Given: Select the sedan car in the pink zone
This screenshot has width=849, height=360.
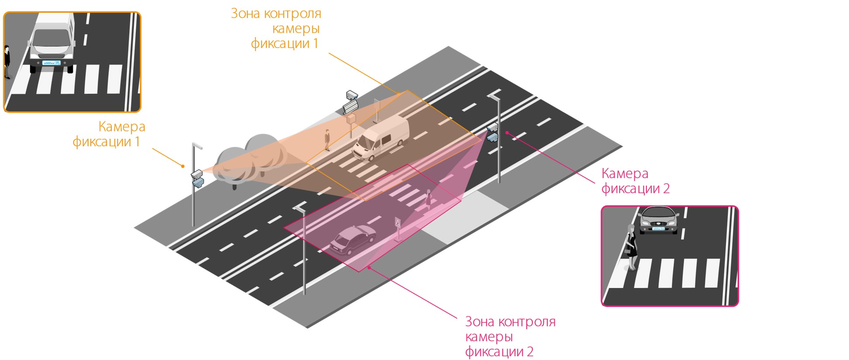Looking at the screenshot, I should pyautogui.click(x=353, y=240).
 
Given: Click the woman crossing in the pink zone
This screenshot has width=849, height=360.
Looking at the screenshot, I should pyautogui.click(x=428, y=199).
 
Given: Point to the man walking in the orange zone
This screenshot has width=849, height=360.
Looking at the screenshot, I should pyautogui.click(x=327, y=140).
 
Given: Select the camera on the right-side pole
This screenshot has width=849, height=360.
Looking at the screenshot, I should pyautogui.click(x=492, y=133).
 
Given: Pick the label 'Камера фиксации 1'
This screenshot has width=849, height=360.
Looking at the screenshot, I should pyautogui.click(x=109, y=134).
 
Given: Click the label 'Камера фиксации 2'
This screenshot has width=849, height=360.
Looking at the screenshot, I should pyautogui.click(x=635, y=181).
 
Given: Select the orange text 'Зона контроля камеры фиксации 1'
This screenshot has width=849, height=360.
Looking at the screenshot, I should pyautogui.click(x=279, y=28).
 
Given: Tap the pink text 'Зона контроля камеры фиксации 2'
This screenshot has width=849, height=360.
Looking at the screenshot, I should pyautogui.click(x=510, y=336).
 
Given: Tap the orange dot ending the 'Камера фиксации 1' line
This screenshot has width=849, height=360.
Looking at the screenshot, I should pyautogui.click(x=183, y=166).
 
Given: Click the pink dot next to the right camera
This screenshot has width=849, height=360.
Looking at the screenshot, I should pyautogui.click(x=507, y=132).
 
